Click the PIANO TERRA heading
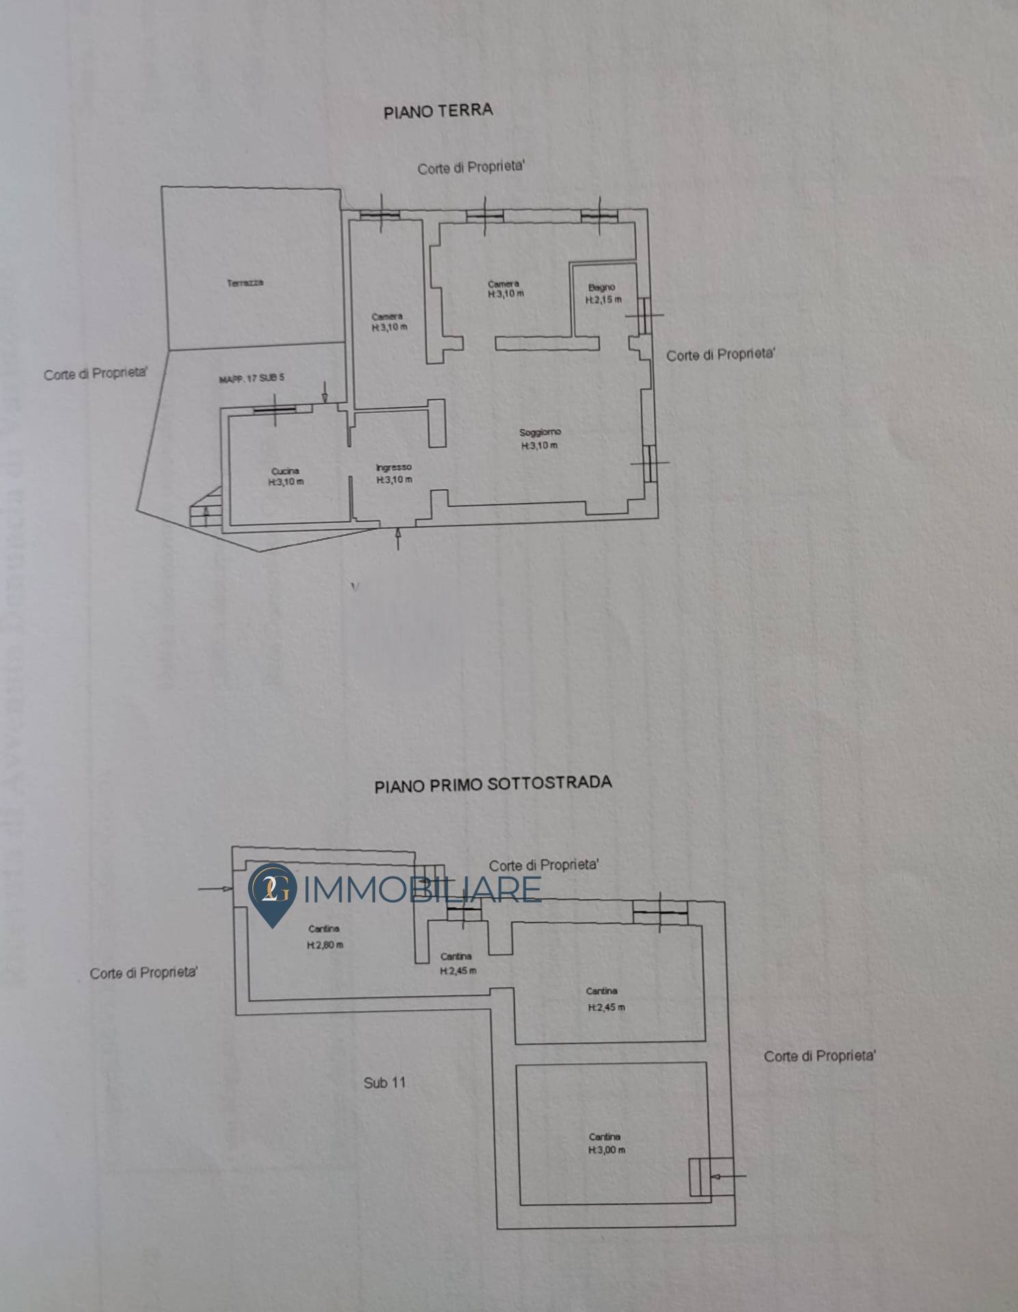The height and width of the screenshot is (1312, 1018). [438, 111]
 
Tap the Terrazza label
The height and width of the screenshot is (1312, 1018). [245, 283]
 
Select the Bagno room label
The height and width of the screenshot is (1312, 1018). [602, 288]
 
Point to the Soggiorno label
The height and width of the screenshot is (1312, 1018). [540, 433]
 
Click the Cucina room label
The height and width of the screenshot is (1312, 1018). [285, 471]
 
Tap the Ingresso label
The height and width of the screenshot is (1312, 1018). [394, 467]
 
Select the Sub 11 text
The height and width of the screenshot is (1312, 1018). [385, 1082]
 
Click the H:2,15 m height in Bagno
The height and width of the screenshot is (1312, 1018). [603, 300]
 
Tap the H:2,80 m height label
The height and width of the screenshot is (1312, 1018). [325, 946]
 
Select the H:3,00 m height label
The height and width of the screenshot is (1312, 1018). [606, 1150]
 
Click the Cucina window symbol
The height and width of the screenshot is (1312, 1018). [275, 410]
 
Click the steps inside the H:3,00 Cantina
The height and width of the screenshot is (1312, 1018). [699, 1177]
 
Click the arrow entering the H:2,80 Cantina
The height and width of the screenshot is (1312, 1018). [216, 888]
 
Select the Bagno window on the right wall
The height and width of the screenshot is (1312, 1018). [644, 315]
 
